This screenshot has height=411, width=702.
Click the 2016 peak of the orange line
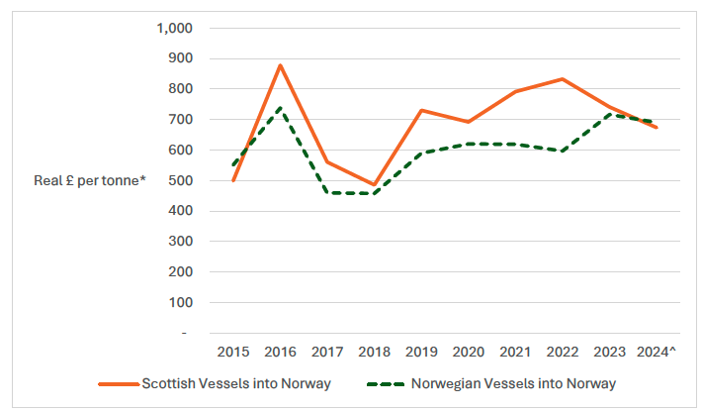(x=281, y=65)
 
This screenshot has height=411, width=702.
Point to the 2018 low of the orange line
(x=374, y=185)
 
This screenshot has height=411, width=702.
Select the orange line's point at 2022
(x=563, y=79)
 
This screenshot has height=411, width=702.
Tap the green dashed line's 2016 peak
(x=281, y=108)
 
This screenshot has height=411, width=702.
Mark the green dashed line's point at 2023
(x=610, y=115)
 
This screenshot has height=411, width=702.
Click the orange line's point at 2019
(x=421, y=110)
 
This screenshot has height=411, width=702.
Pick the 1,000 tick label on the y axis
(x=175, y=28)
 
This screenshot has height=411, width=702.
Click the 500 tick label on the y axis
(x=180, y=180)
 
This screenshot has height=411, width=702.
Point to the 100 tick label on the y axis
(x=180, y=302)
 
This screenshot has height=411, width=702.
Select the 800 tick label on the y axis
(x=180, y=88)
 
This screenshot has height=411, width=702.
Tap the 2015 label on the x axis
(x=233, y=352)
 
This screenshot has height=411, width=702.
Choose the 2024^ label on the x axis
(x=657, y=352)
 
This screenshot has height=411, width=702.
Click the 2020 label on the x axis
(x=469, y=352)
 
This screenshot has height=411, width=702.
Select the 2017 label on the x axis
(x=327, y=352)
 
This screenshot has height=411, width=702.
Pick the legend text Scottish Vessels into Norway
(x=236, y=383)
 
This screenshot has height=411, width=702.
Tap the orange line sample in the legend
(x=118, y=383)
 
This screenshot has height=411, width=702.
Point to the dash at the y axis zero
(x=184, y=333)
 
